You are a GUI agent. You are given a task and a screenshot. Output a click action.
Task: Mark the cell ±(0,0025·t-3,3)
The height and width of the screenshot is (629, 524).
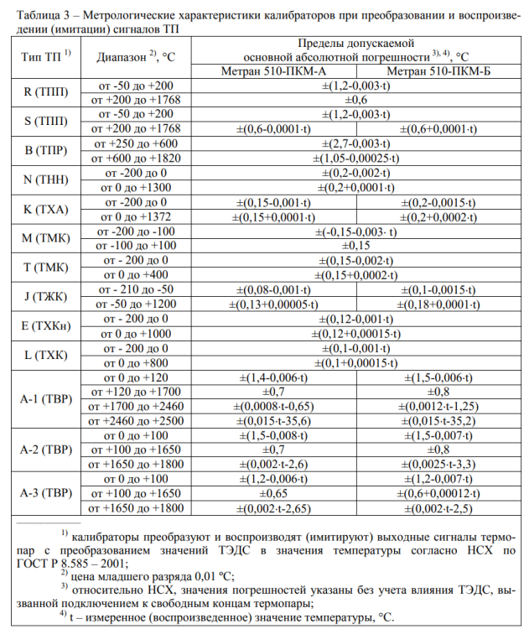pyautogui.click(x=438, y=463)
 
